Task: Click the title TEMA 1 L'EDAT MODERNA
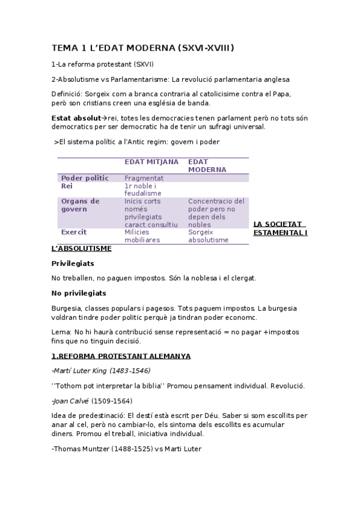143,48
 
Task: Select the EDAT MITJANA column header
151,162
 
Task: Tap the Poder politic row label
85,178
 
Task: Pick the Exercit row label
74,232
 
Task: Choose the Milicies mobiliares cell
142,236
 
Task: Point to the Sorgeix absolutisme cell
208,236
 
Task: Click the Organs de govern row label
81,205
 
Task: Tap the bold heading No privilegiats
79,293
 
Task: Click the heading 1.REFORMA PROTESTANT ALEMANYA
121,356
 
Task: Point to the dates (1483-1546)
130,370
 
